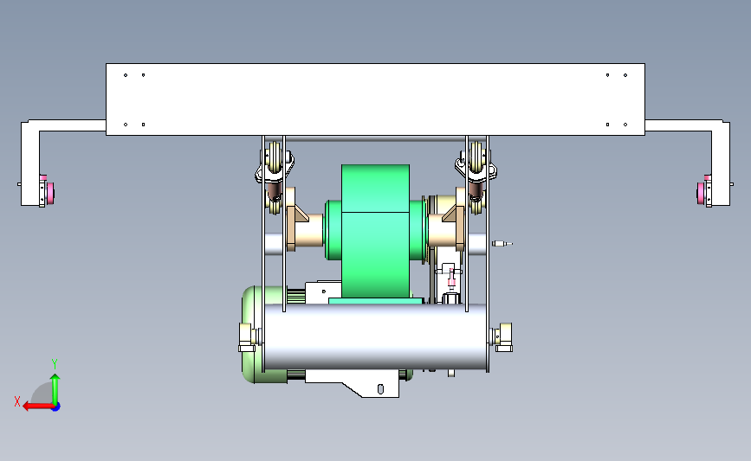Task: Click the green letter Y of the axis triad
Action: [55, 364]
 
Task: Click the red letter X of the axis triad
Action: [17, 401]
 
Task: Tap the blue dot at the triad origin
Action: [55, 407]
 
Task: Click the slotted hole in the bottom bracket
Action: [380, 389]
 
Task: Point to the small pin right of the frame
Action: [502, 243]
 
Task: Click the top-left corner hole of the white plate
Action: [126, 75]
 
